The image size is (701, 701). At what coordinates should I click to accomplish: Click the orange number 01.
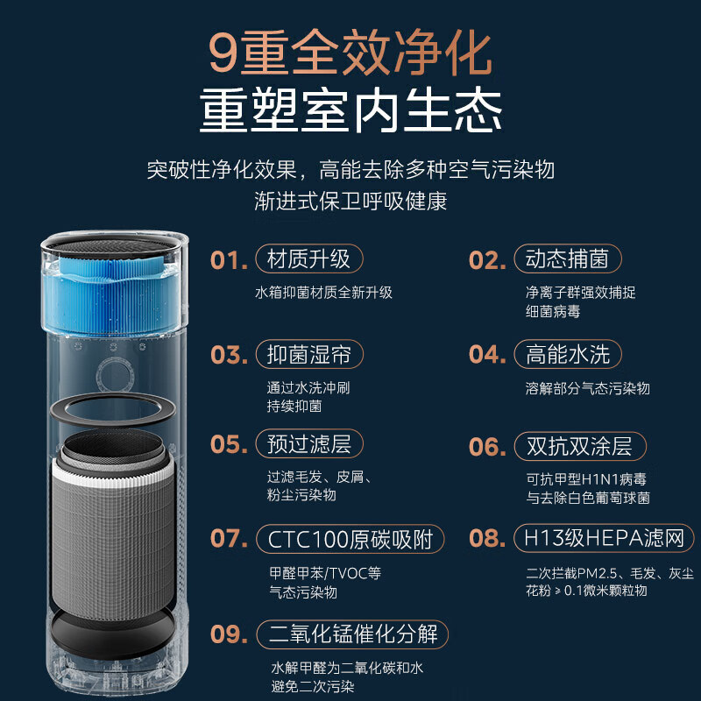(229, 259)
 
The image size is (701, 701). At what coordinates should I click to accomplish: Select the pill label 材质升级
(309, 258)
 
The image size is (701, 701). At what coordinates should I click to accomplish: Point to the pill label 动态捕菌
(567, 258)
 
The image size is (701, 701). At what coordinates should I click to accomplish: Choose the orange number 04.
(487, 355)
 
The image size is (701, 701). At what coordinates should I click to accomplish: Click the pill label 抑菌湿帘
(309, 355)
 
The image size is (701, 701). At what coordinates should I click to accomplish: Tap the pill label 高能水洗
(567, 355)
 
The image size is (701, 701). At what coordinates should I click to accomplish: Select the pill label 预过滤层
(309, 444)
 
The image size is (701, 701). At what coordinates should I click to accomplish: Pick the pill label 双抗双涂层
(580, 446)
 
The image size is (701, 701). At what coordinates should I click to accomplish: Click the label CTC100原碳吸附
(350, 539)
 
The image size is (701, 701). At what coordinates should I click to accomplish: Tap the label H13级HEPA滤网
(604, 538)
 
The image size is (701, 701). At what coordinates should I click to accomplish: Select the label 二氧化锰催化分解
(352, 634)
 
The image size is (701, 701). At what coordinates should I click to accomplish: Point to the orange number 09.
(229, 634)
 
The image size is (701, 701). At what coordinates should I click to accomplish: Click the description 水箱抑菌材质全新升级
(323, 293)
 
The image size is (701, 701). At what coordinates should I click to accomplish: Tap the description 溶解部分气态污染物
(587, 388)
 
